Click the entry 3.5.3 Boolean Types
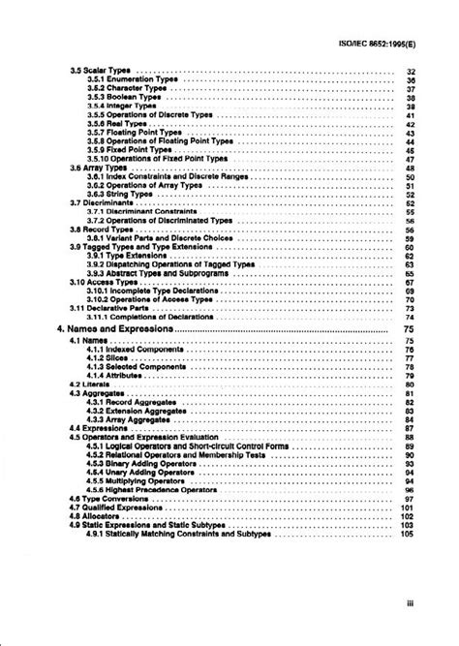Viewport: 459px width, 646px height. tap(123, 98)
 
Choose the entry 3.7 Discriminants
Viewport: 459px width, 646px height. tap(98, 202)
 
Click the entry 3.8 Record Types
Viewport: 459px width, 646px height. tap(100, 229)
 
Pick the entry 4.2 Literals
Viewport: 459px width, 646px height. tap(91, 385)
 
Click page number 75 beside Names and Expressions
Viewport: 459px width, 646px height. tap(408, 329)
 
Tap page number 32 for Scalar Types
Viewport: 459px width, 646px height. tap(411, 73)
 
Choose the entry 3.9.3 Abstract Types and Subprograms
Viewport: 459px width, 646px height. tap(155, 272)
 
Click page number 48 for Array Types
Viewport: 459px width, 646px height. tap(411, 168)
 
